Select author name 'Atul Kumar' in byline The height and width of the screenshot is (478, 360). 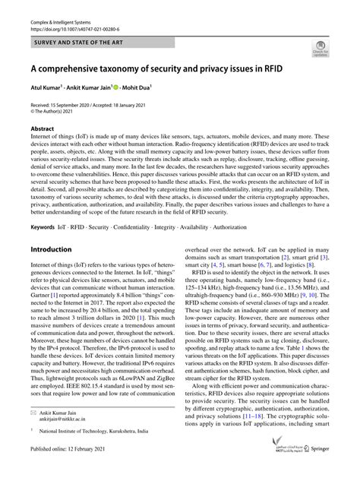coord(46,87)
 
